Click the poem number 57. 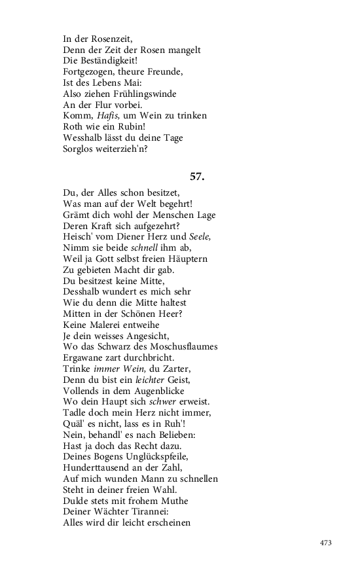[x=197, y=176]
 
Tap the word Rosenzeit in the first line [x=109, y=39]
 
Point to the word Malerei [x=114, y=325]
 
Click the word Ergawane [x=86, y=357]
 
